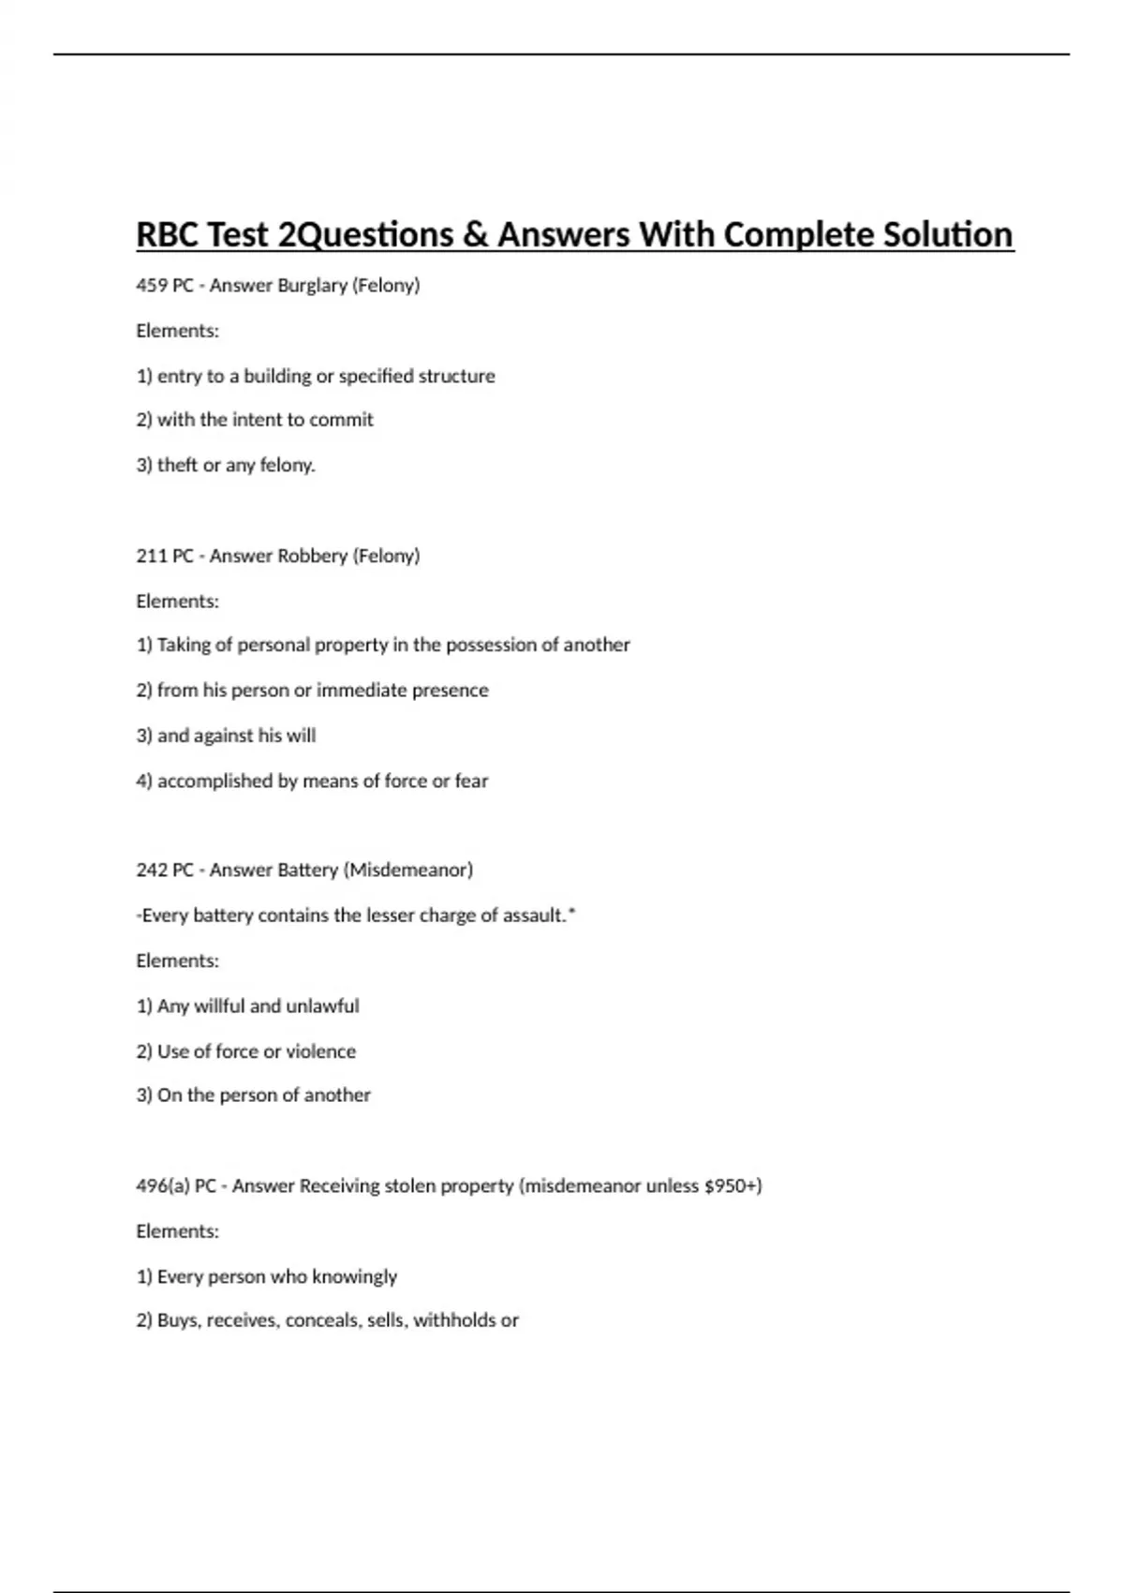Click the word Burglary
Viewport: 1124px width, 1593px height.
pyautogui.click(x=312, y=285)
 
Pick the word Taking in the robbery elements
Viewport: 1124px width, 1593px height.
pyautogui.click(x=183, y=645)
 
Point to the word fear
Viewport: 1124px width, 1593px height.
pyautogui.click(x=471, y=781)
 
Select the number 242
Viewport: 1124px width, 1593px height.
pyautogui.click(x=152, y=870)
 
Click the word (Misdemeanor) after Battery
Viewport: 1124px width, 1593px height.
pyautogui.click(x=408, y=870)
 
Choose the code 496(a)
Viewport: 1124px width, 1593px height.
pyautogui.click(x=162, y=1186)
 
